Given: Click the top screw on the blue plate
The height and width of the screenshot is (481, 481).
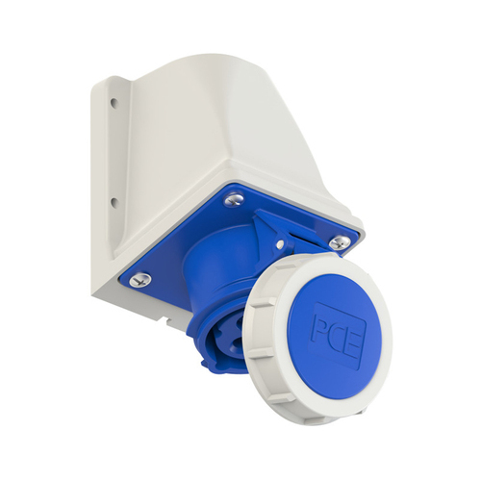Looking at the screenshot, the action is pos(234,199).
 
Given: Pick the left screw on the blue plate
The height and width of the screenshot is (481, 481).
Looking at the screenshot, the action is pos(140,279).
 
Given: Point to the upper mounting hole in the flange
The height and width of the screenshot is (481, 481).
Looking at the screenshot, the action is pos(114,103).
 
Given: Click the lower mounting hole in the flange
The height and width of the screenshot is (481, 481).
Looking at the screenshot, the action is pos(114,202).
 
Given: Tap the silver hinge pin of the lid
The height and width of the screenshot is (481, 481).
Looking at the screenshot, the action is pos(281,245).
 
